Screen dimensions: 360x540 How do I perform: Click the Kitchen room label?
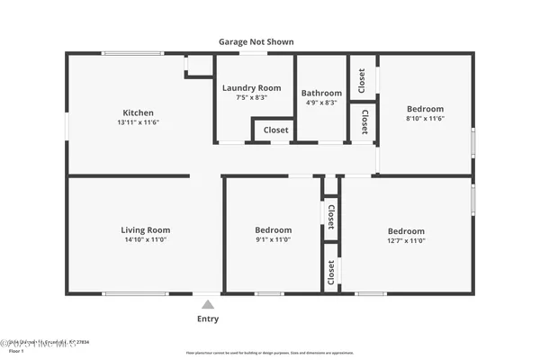tap(138, 112)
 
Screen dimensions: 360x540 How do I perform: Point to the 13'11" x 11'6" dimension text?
tap(138, 122)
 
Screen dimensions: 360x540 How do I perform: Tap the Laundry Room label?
tap(252, 87)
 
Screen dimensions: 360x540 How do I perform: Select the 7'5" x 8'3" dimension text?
tap(252, 97)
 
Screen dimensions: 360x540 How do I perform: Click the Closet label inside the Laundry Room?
tap(275, 130)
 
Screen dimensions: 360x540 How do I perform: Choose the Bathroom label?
tap(321, 93)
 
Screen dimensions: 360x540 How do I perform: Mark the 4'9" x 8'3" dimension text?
tap(321, 103)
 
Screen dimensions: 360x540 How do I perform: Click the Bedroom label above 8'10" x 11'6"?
tap(425, 109)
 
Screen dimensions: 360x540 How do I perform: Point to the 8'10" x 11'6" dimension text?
tap(425, 119)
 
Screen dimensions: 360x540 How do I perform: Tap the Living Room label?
tap(146, 230)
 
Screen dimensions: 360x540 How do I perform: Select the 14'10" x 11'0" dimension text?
tap(146, 240)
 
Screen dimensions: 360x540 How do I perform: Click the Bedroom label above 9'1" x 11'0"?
tap(273, 230)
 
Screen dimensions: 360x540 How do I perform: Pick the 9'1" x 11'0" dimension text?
tap(273, 240)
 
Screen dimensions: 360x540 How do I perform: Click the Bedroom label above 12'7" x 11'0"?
tap(406, 230)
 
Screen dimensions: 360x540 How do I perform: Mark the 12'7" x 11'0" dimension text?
tap(406, 240)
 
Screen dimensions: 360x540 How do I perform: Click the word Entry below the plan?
tap(208, 319)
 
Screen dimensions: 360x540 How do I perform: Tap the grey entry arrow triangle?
tap(208, 304)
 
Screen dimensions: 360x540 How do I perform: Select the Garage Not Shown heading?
tap(256, 41)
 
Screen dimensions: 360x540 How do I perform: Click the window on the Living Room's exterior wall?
tap(134, 293)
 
